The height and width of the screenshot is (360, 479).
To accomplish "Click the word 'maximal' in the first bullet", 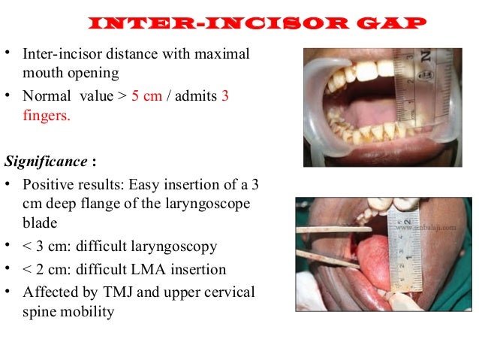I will pyautogui.click(x=224, y=55).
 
